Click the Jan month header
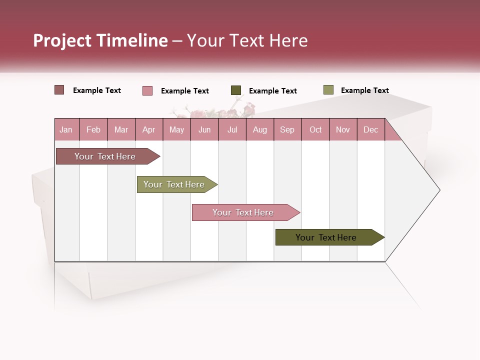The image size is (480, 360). (x=66, y=129)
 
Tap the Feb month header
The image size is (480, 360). (x=93, y=129)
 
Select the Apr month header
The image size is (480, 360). (x=148, y=129)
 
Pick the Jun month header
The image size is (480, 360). (x=204, y=129)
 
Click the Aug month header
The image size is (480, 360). (x=259, y=129)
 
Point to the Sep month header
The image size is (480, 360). (x=287, y=129)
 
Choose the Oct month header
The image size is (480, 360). (x=315, y=129)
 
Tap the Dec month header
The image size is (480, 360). (x=370, y=129)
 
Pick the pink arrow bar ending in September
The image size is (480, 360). (x=243, y=212)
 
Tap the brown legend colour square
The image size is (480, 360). (x=59, y=90)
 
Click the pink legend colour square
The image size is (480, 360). (x=147, y=90)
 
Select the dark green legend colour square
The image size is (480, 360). (x=236, y=90)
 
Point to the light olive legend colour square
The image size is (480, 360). (x=328, y=90)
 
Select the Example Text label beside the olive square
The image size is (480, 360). (x=364, y=90)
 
